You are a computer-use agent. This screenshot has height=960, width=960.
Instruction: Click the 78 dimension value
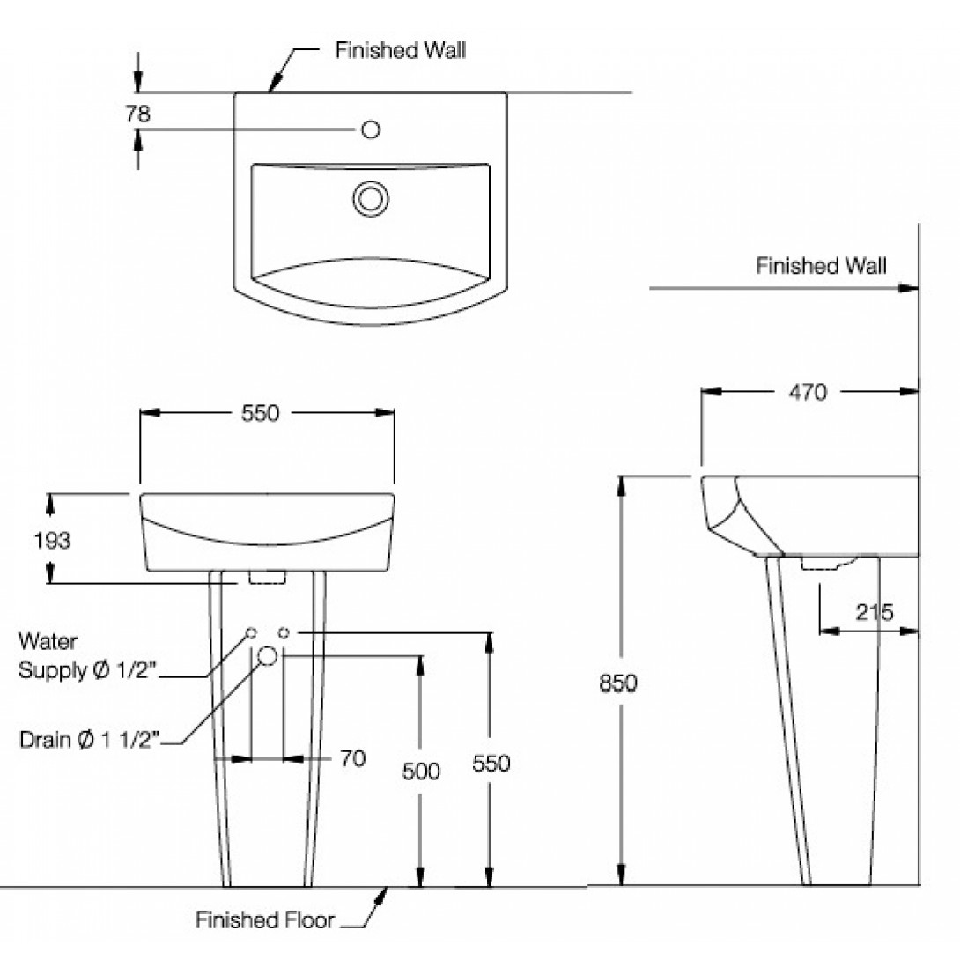[138, 114]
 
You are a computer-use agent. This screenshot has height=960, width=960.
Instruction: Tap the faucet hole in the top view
[371, 130]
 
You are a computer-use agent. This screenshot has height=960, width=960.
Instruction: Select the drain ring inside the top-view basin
[371, 198]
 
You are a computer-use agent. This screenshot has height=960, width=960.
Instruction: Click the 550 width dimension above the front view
[260, 412]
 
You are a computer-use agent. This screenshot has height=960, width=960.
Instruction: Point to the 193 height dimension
[51, 540]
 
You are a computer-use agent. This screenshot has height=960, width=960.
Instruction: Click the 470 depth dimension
[809, 392]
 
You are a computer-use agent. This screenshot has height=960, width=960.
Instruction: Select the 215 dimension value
[872, 612]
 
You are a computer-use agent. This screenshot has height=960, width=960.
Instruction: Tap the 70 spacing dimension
[352, 757]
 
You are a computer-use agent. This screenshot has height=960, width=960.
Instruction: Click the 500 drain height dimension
[420, 771]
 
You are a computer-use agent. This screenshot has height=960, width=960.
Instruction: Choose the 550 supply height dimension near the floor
[491, 763]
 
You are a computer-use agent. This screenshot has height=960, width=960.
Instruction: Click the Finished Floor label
[264, 921]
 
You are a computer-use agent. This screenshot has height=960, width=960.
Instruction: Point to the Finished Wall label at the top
[400, 50]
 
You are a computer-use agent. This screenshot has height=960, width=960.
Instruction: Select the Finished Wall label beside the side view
[821, 265]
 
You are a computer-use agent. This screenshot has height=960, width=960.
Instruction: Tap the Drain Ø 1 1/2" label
[88, 739]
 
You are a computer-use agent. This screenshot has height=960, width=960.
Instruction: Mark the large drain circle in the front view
[269, 656]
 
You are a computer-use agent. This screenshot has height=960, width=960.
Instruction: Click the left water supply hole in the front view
[252, 632]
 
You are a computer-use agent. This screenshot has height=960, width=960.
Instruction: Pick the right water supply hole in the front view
[284, 632]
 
